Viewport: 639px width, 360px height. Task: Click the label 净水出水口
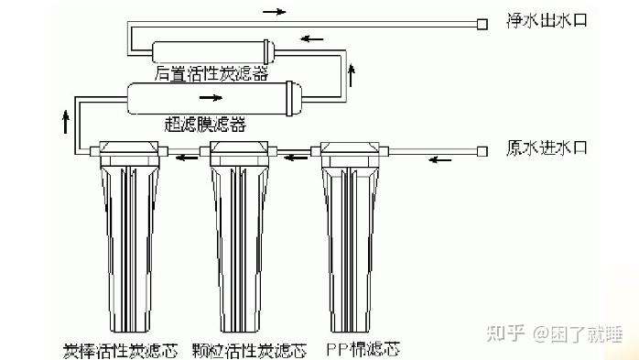[547, 20]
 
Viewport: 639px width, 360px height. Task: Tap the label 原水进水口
[547, 147]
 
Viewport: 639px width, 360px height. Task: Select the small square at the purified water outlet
[482, 25]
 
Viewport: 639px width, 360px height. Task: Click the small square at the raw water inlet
[482, 152]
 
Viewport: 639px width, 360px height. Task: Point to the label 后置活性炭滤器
[211, 73]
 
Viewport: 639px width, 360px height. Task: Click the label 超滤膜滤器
[205, 124]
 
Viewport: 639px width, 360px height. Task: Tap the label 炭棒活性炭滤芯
[121, 351]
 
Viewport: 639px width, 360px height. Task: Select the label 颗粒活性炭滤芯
[249, 351]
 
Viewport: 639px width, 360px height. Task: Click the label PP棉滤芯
[363, 349]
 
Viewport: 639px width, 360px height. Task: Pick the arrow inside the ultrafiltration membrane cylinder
[211, 98]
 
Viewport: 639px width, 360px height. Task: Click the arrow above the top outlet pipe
[275, 12]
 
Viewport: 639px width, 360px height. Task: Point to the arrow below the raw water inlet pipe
[440, 159]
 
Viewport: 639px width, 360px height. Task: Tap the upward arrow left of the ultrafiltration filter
[65, 122]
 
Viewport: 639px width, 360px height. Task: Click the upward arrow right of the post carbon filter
[352, 75]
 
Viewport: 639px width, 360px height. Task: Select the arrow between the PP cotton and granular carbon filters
[296, 158]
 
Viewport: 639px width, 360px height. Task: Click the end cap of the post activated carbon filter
[268, 52]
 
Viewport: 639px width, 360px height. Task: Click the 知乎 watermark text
[505, 333]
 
